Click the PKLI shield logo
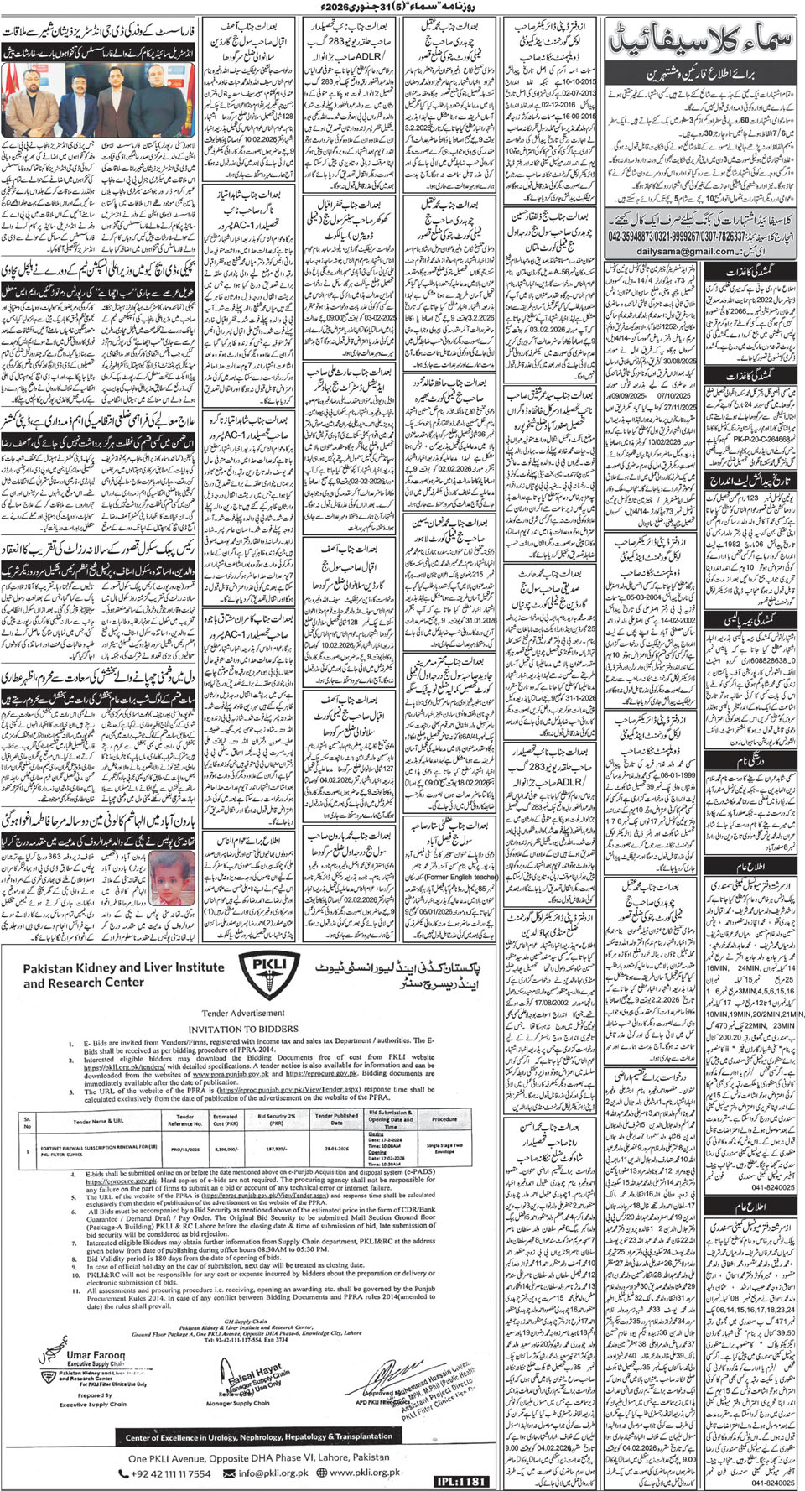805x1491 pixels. pyautogui.click(x=270, y=975)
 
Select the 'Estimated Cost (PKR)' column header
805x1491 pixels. pyautogui.click(x=225, y=1119)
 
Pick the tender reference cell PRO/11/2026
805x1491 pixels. pyautogui.click(x=184, y=1150)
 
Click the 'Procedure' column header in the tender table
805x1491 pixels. pyautogui.click(x=444, y=1119)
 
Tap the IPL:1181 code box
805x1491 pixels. pyautogui.click(x=461, y=1482)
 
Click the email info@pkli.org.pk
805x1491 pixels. pyautogui.click(x=271, y=1473)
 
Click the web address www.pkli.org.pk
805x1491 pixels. pyautogui.click(x=364, y=1473)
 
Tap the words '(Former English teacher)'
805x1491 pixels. pyautogui.click(x=460, y=878)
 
